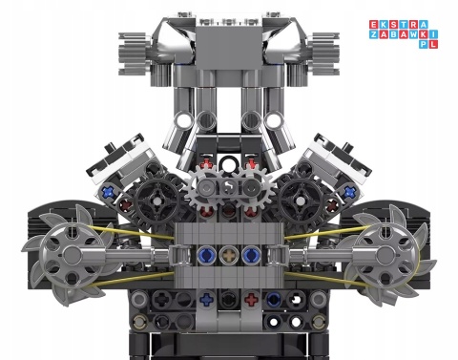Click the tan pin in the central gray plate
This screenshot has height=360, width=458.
tap(228, 254)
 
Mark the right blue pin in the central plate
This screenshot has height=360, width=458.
tap(251, 254)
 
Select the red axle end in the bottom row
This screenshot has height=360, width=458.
tap(251, 299)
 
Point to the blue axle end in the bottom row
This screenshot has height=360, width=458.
tap(205, 299)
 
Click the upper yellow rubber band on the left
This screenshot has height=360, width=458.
tap(134, 237)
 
